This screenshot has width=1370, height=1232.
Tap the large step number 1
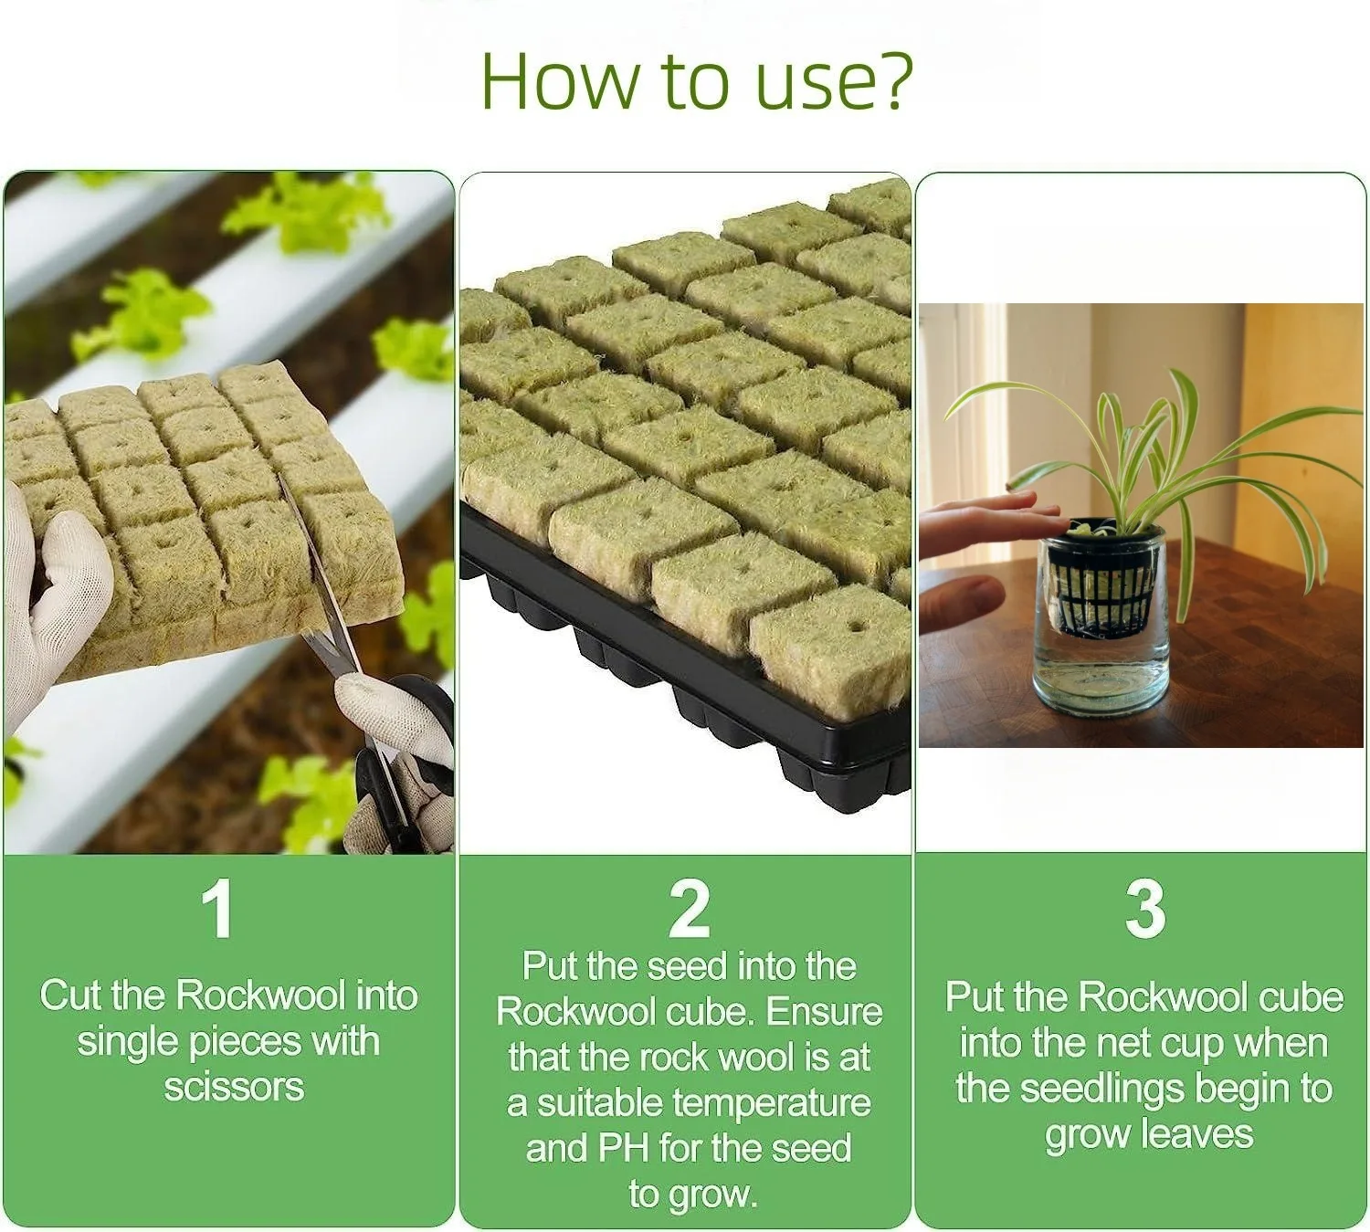point(217,910)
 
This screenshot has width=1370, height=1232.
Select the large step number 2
point(689,910)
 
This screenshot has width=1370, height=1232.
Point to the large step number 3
point(1145,910)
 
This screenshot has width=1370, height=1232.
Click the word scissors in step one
point(234,1088)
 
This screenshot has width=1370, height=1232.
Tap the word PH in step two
point(624,1149)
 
